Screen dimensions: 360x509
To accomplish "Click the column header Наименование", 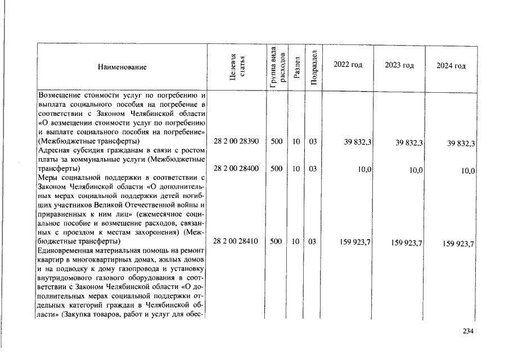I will (x=122, y=67).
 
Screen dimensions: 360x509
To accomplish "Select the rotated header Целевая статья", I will (x=236, y=67).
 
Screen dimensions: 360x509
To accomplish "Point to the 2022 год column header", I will (x=348, y=65).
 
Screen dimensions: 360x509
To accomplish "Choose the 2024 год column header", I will (x=451, y=66).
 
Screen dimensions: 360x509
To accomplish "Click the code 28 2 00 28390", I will (x=236, y=142).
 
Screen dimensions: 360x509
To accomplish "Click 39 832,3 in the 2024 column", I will (x=462, y=144).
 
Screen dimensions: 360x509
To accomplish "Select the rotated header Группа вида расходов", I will (x=276, y=66).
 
